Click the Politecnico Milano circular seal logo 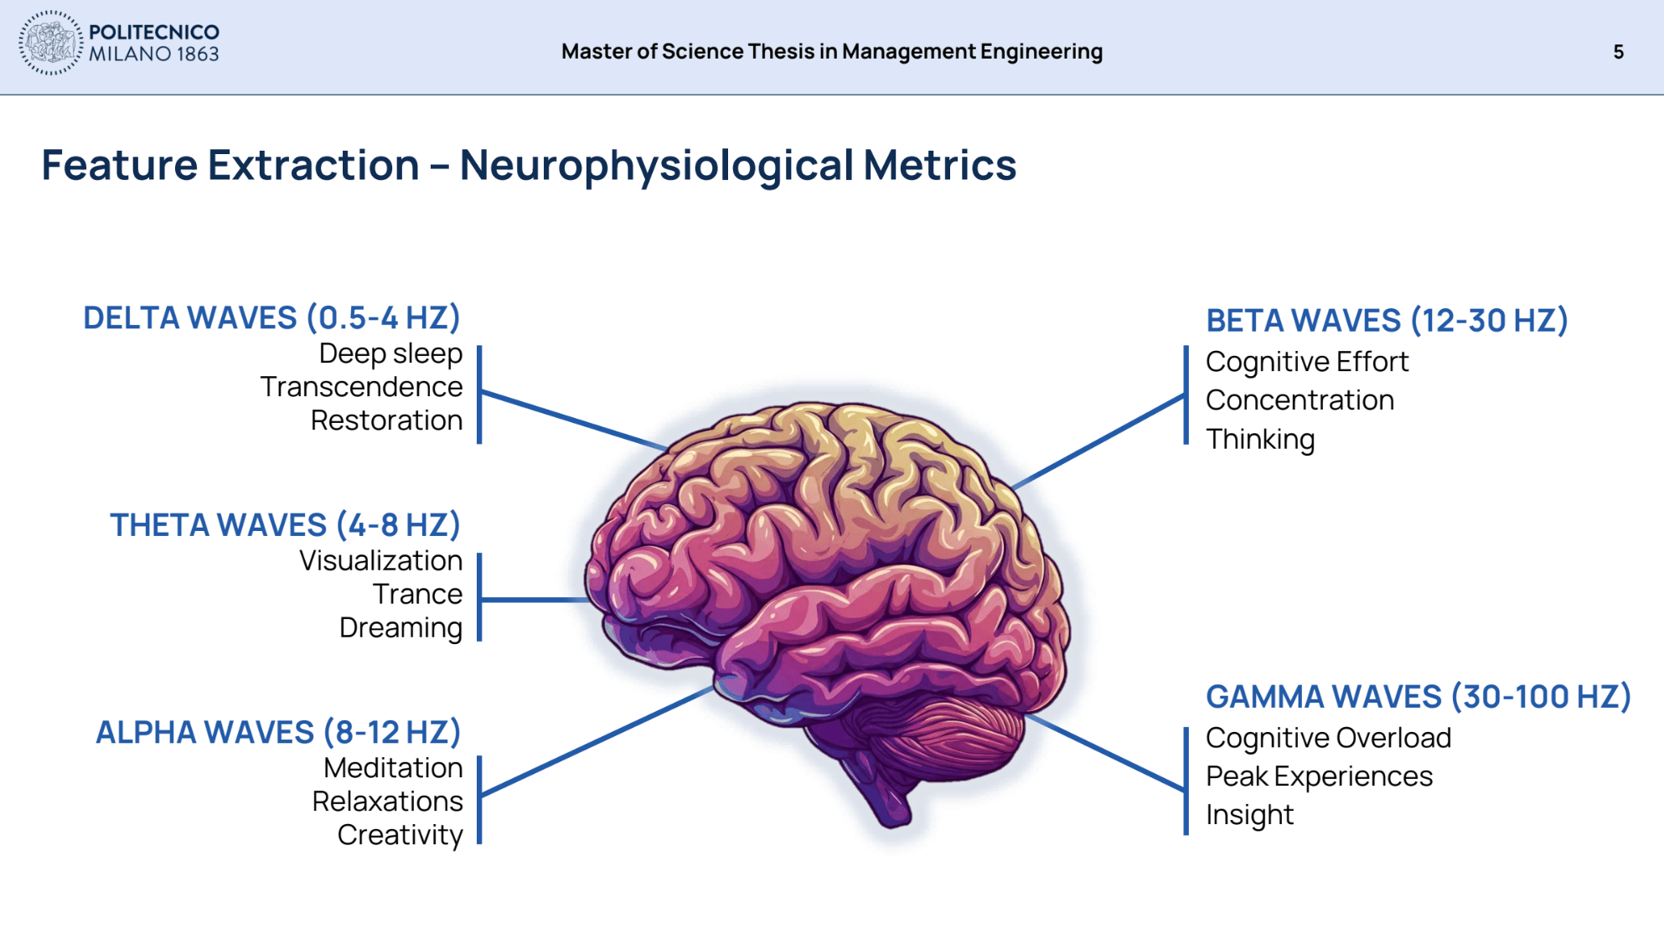coord(50,44)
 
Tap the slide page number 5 coord(1618,52)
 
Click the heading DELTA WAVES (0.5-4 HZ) coord(271,318)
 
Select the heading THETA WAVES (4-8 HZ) coord(285,525)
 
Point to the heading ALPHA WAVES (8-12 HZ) coord(278,733)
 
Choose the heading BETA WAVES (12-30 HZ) coord(1387,321)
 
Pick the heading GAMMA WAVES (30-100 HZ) coord(1418,697)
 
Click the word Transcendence coord(361,387)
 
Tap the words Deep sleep coord(390,353)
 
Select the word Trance coord(417,594)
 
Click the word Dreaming coord(400,627)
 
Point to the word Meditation coord(393,768)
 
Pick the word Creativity coord(400,835)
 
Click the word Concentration coord(1300,400)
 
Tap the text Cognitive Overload coord(1328,738)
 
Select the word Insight coord(1249,815)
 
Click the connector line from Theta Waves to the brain coord(536,600)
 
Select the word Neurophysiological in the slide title coord(656,165)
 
